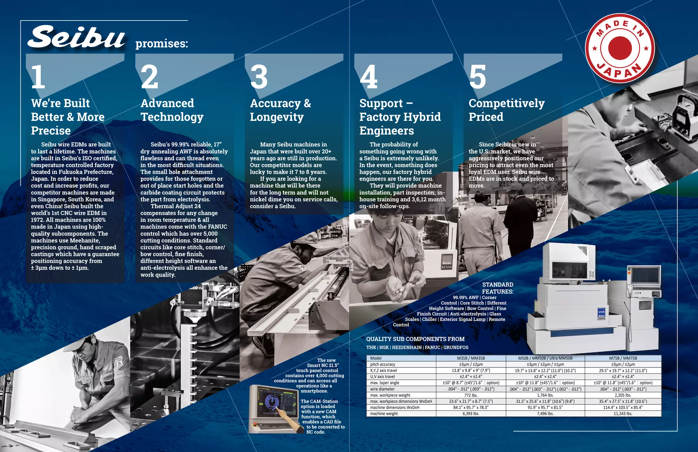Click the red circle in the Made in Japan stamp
click(x=620, y=48)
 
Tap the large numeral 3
click(x=259, y=77)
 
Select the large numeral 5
click(x=477, y=77)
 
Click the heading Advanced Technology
click(x=172, y=110)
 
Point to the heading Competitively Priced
click(x=506, y=110)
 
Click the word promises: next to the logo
click(x=162, y=44)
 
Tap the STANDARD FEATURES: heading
click(x=498, y=288)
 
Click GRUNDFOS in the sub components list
click(x=456, y=347)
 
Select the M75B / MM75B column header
click(x=623, y=358)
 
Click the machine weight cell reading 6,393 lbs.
click(x=471, y=413)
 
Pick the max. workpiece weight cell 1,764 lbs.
click(x=545, y=395)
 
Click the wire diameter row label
click(x=382, y=389)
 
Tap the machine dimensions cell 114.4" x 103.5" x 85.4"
click(x=623, y=407)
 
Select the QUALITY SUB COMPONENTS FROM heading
click(x=415, y=339)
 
